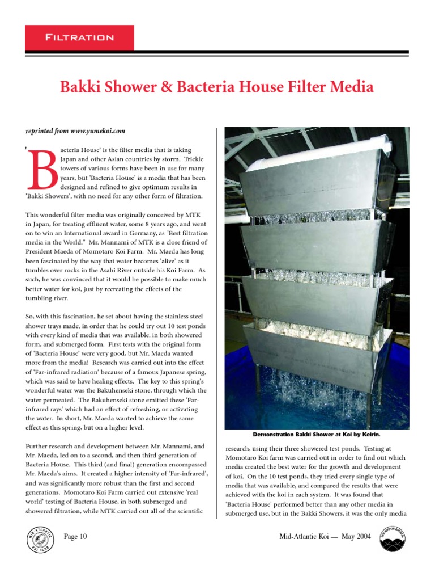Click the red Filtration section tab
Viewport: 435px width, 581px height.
pos(80,38)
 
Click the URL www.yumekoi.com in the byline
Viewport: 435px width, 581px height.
pos(97,131)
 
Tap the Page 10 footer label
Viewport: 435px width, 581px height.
pos(75,536)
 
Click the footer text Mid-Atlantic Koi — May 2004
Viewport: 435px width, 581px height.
pos(325,536)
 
